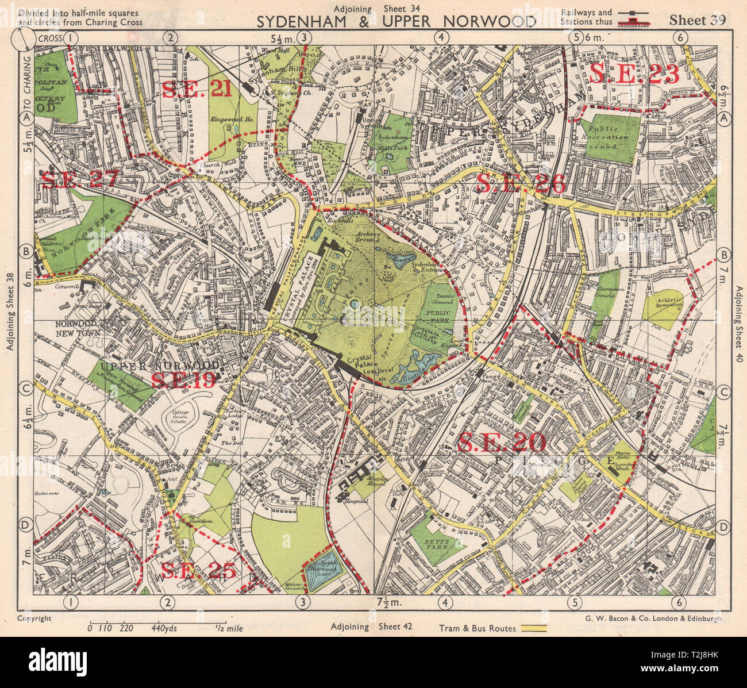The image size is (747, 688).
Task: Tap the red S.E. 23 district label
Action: click(634, 74)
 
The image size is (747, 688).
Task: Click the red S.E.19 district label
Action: click(183, 380)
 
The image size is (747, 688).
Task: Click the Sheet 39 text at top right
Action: click(698, 20)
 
